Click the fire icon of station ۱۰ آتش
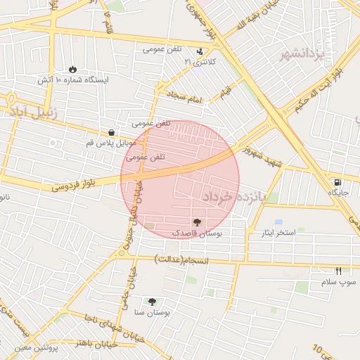[x=72, y=69]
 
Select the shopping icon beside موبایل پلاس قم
[x=112, y=132]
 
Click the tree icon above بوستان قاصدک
[x=196, y=222]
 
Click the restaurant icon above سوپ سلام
[x=338, y=271]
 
